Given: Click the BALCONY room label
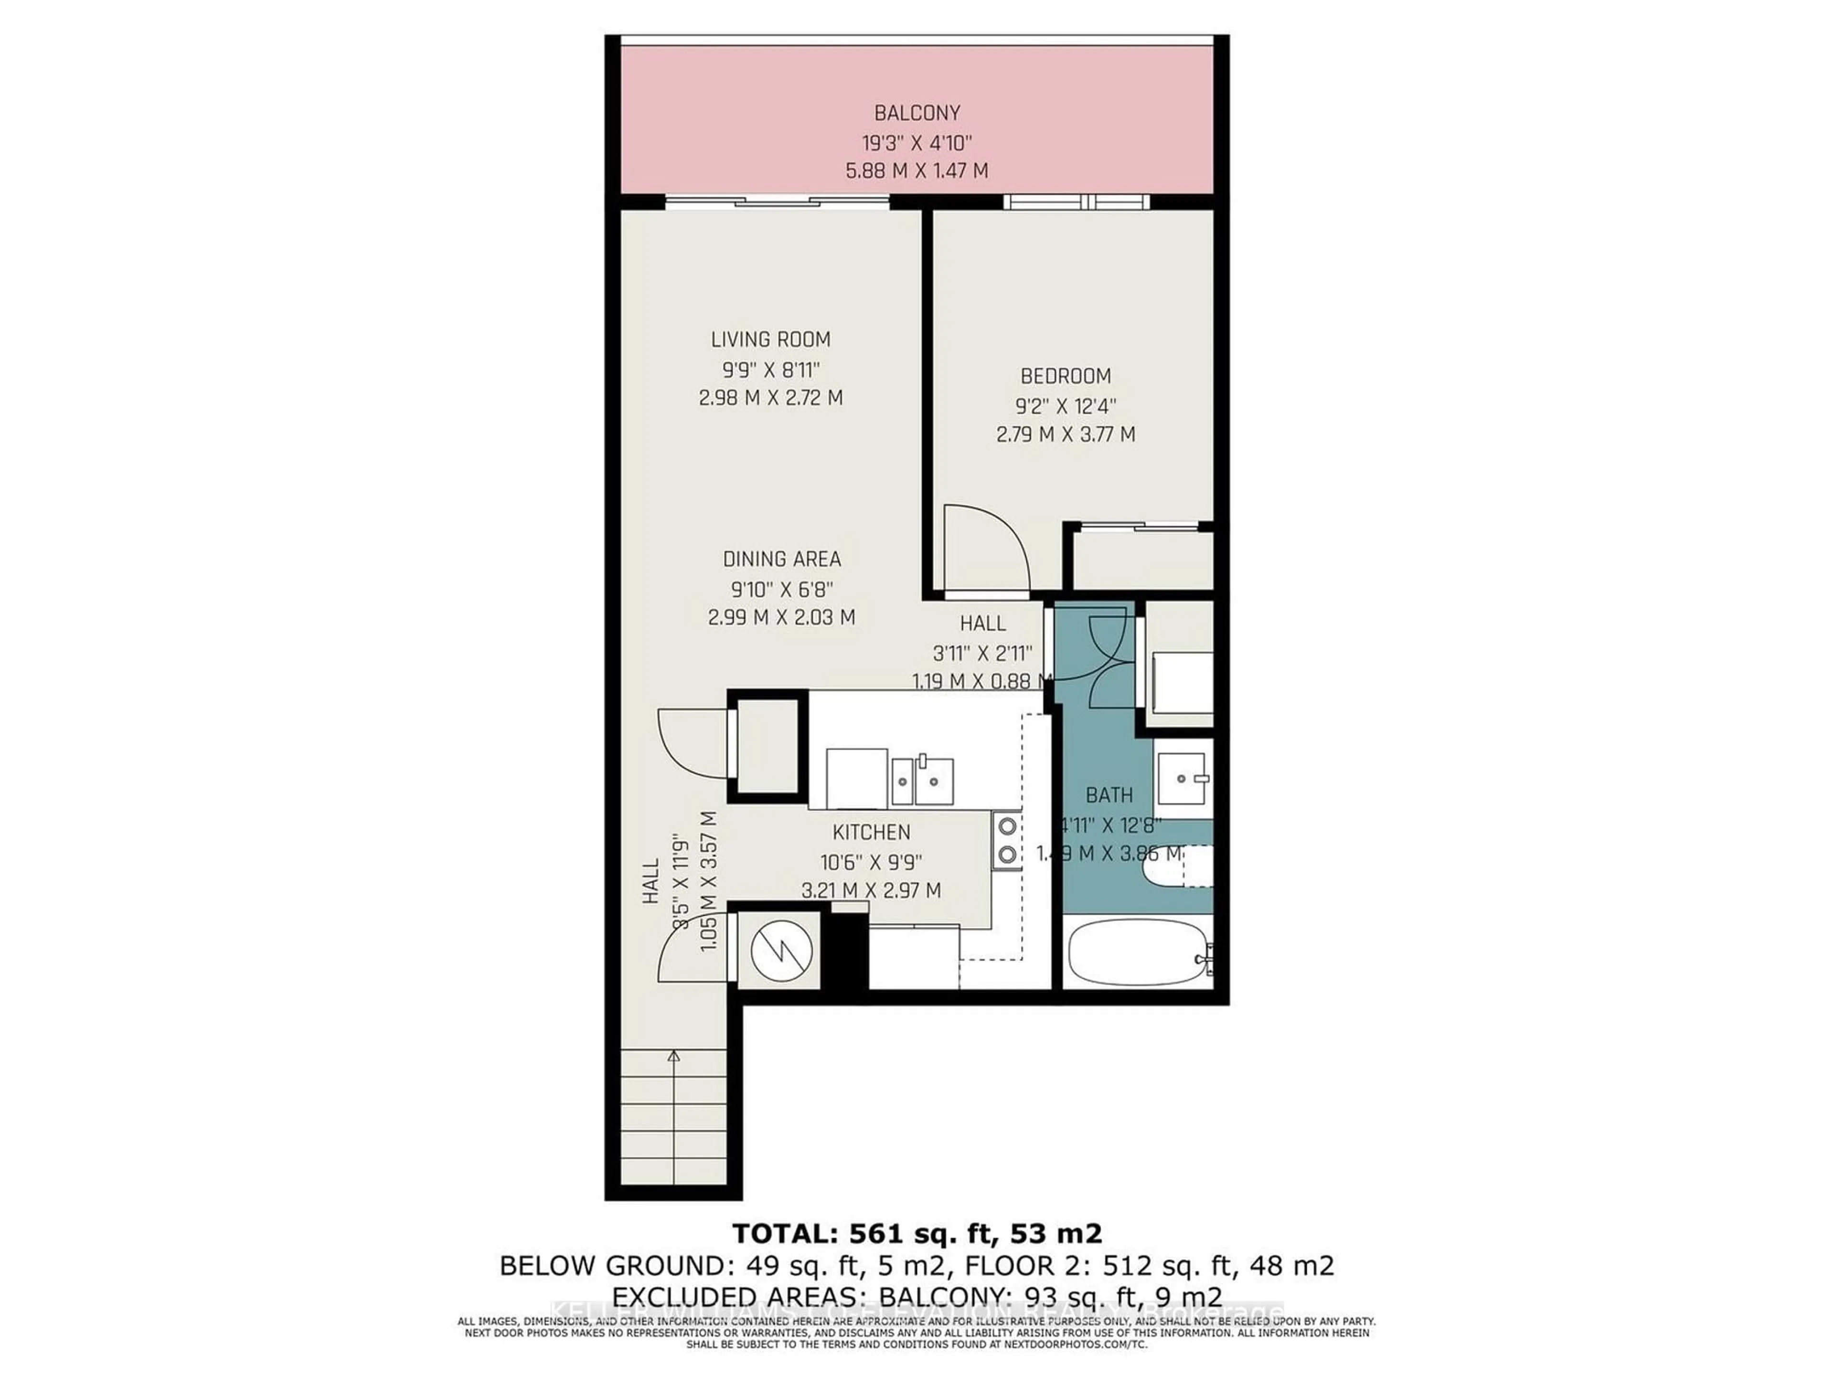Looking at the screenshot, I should (x=917, y=112).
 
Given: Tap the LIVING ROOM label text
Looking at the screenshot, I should (x=770, y=339).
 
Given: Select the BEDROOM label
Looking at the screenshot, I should (x=1066, y=376).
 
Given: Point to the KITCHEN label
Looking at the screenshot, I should (x=872, y=832).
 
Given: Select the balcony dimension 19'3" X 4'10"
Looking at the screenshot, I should (x=917, y=142).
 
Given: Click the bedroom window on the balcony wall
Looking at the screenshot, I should (x=1076, y=201).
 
